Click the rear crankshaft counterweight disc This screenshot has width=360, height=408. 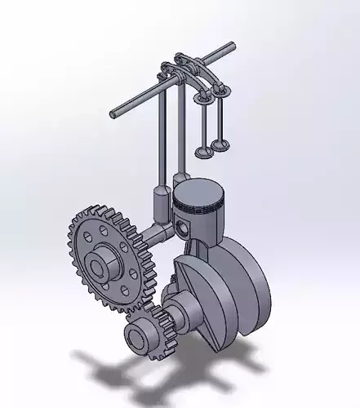pos(245,273)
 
